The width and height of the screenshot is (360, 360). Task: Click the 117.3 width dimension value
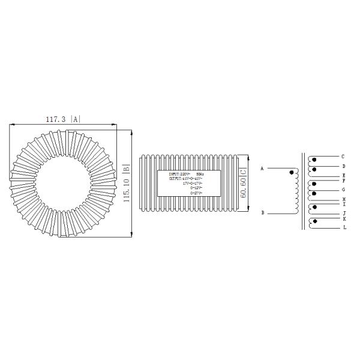[x=56, y=119]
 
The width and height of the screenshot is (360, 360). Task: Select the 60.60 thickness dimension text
[x=243, y=184]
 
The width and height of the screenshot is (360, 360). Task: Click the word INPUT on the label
[x=176, y=174]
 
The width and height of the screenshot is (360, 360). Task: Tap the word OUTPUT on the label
[x=176, y=179]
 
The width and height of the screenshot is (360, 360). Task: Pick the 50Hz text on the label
[x=200, y=174]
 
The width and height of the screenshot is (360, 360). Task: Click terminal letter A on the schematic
[x=262, y=169]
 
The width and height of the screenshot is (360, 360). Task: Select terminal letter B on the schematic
[x=262, y=212]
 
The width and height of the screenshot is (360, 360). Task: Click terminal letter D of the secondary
[x=343, y=166]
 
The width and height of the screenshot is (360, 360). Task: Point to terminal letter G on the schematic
[x=343, y=189]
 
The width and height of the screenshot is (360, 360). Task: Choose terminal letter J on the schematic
[x=343, y=213]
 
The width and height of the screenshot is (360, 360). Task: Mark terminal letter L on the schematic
[x=343, y=227]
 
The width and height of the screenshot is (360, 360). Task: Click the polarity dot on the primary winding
[x=292, y=173]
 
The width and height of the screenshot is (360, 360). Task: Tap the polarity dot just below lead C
[x=314, y=160]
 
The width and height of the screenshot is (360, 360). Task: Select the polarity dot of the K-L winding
[x=314, y=222]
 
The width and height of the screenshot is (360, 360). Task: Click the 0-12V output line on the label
[x=195, y=188]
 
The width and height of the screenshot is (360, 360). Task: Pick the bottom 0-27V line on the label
[x=195, y=193]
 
